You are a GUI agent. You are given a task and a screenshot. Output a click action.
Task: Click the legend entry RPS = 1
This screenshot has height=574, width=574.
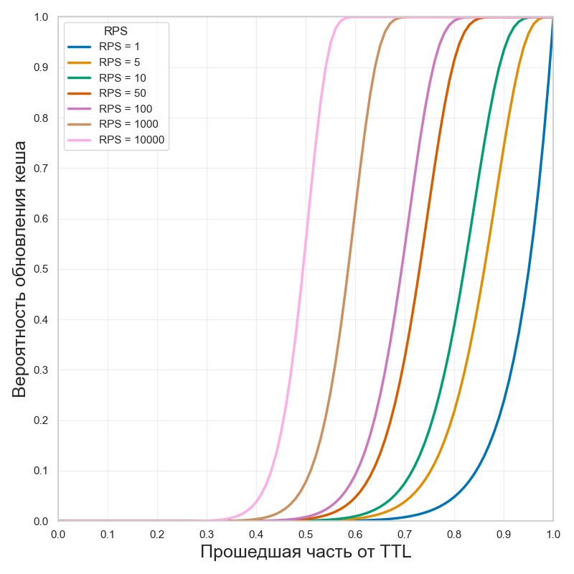tap(119, 47)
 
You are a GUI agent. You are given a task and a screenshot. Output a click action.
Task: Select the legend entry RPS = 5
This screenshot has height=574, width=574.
tap(119, 62)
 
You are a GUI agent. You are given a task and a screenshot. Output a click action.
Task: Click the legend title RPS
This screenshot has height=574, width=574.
tap(116, 31)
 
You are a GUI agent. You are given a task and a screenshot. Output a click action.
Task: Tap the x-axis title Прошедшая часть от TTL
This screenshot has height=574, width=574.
tap(305, 552)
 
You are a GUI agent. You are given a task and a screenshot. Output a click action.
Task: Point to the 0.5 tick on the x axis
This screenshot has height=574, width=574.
tap(306, 534)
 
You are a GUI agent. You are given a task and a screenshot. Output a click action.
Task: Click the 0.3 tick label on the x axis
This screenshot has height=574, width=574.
tap(207, 534)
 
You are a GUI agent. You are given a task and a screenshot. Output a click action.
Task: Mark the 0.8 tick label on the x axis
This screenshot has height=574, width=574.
tap(454, 534)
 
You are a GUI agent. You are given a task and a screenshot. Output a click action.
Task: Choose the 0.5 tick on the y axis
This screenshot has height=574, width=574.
tap(40, 269)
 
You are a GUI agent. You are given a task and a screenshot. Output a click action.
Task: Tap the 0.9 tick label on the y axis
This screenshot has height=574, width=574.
tap(40, 67)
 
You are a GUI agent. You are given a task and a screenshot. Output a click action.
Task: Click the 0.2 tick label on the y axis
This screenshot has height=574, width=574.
tap(40, 420)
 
